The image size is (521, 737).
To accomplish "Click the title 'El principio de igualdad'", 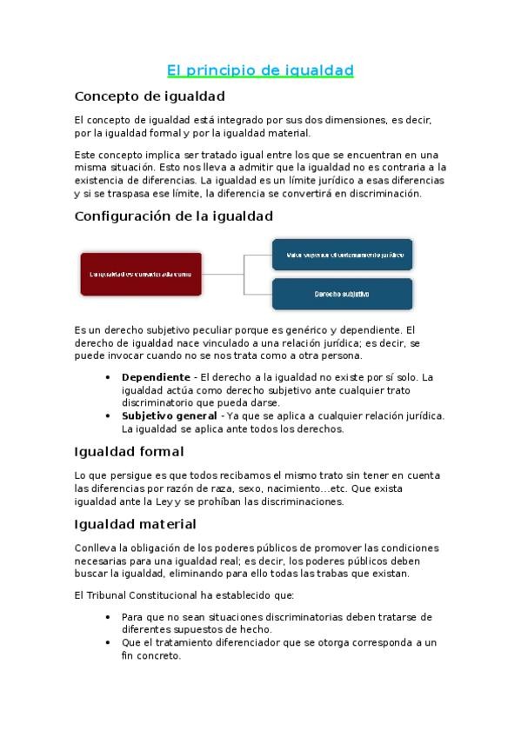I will coord(260,70).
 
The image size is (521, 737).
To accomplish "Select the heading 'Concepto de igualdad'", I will coord(150,96).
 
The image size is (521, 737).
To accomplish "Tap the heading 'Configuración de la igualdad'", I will coord(174,216).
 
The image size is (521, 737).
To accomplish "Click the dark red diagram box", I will coord(141,274).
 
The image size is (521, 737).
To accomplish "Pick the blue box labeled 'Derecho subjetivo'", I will coord(342,295).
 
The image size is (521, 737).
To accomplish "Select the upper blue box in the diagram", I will coord(342,255).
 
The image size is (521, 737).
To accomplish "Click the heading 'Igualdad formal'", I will coord(129,452).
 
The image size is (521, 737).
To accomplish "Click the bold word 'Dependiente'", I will coord(156,377).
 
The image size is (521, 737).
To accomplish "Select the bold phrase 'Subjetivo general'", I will coord(169,415).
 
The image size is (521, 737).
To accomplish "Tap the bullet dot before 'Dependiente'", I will coord(107,377).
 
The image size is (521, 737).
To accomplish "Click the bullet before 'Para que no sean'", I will coord(107,617).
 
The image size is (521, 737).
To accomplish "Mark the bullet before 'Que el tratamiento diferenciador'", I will coord(107,643).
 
